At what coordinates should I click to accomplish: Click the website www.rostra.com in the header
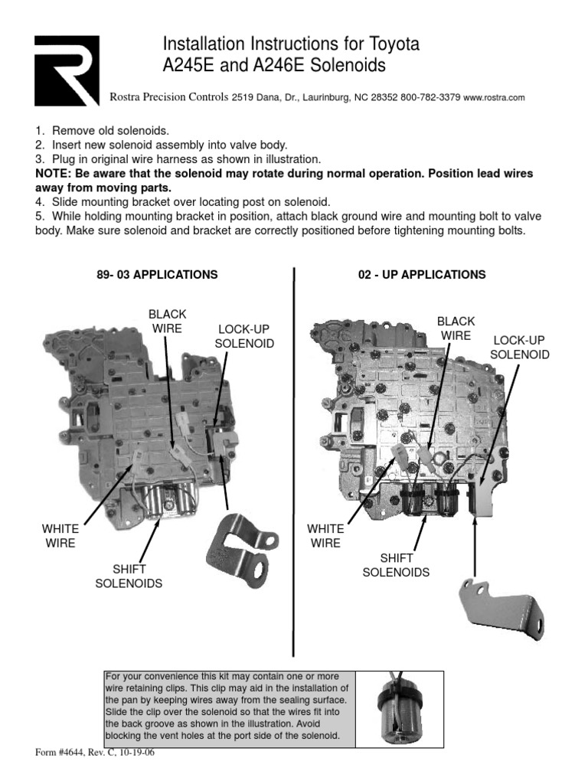tap(494, 98)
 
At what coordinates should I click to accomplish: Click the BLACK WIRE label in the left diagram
tap(167, 321)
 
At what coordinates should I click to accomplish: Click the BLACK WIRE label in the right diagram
tap(456, 328)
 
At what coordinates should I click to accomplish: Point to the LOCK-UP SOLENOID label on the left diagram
tap(243, 336)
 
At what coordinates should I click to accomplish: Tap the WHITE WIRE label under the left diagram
tap(60, 536)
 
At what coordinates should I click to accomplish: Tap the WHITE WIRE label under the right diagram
tap(325, 536)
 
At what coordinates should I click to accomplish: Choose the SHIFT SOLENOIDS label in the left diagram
tap(128, 577)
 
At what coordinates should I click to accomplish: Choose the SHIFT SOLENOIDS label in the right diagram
tap(395, 565)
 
